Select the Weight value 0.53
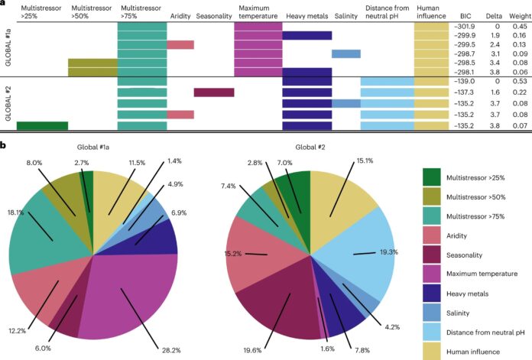click(518, 80)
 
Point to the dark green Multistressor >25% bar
click(42, 125)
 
